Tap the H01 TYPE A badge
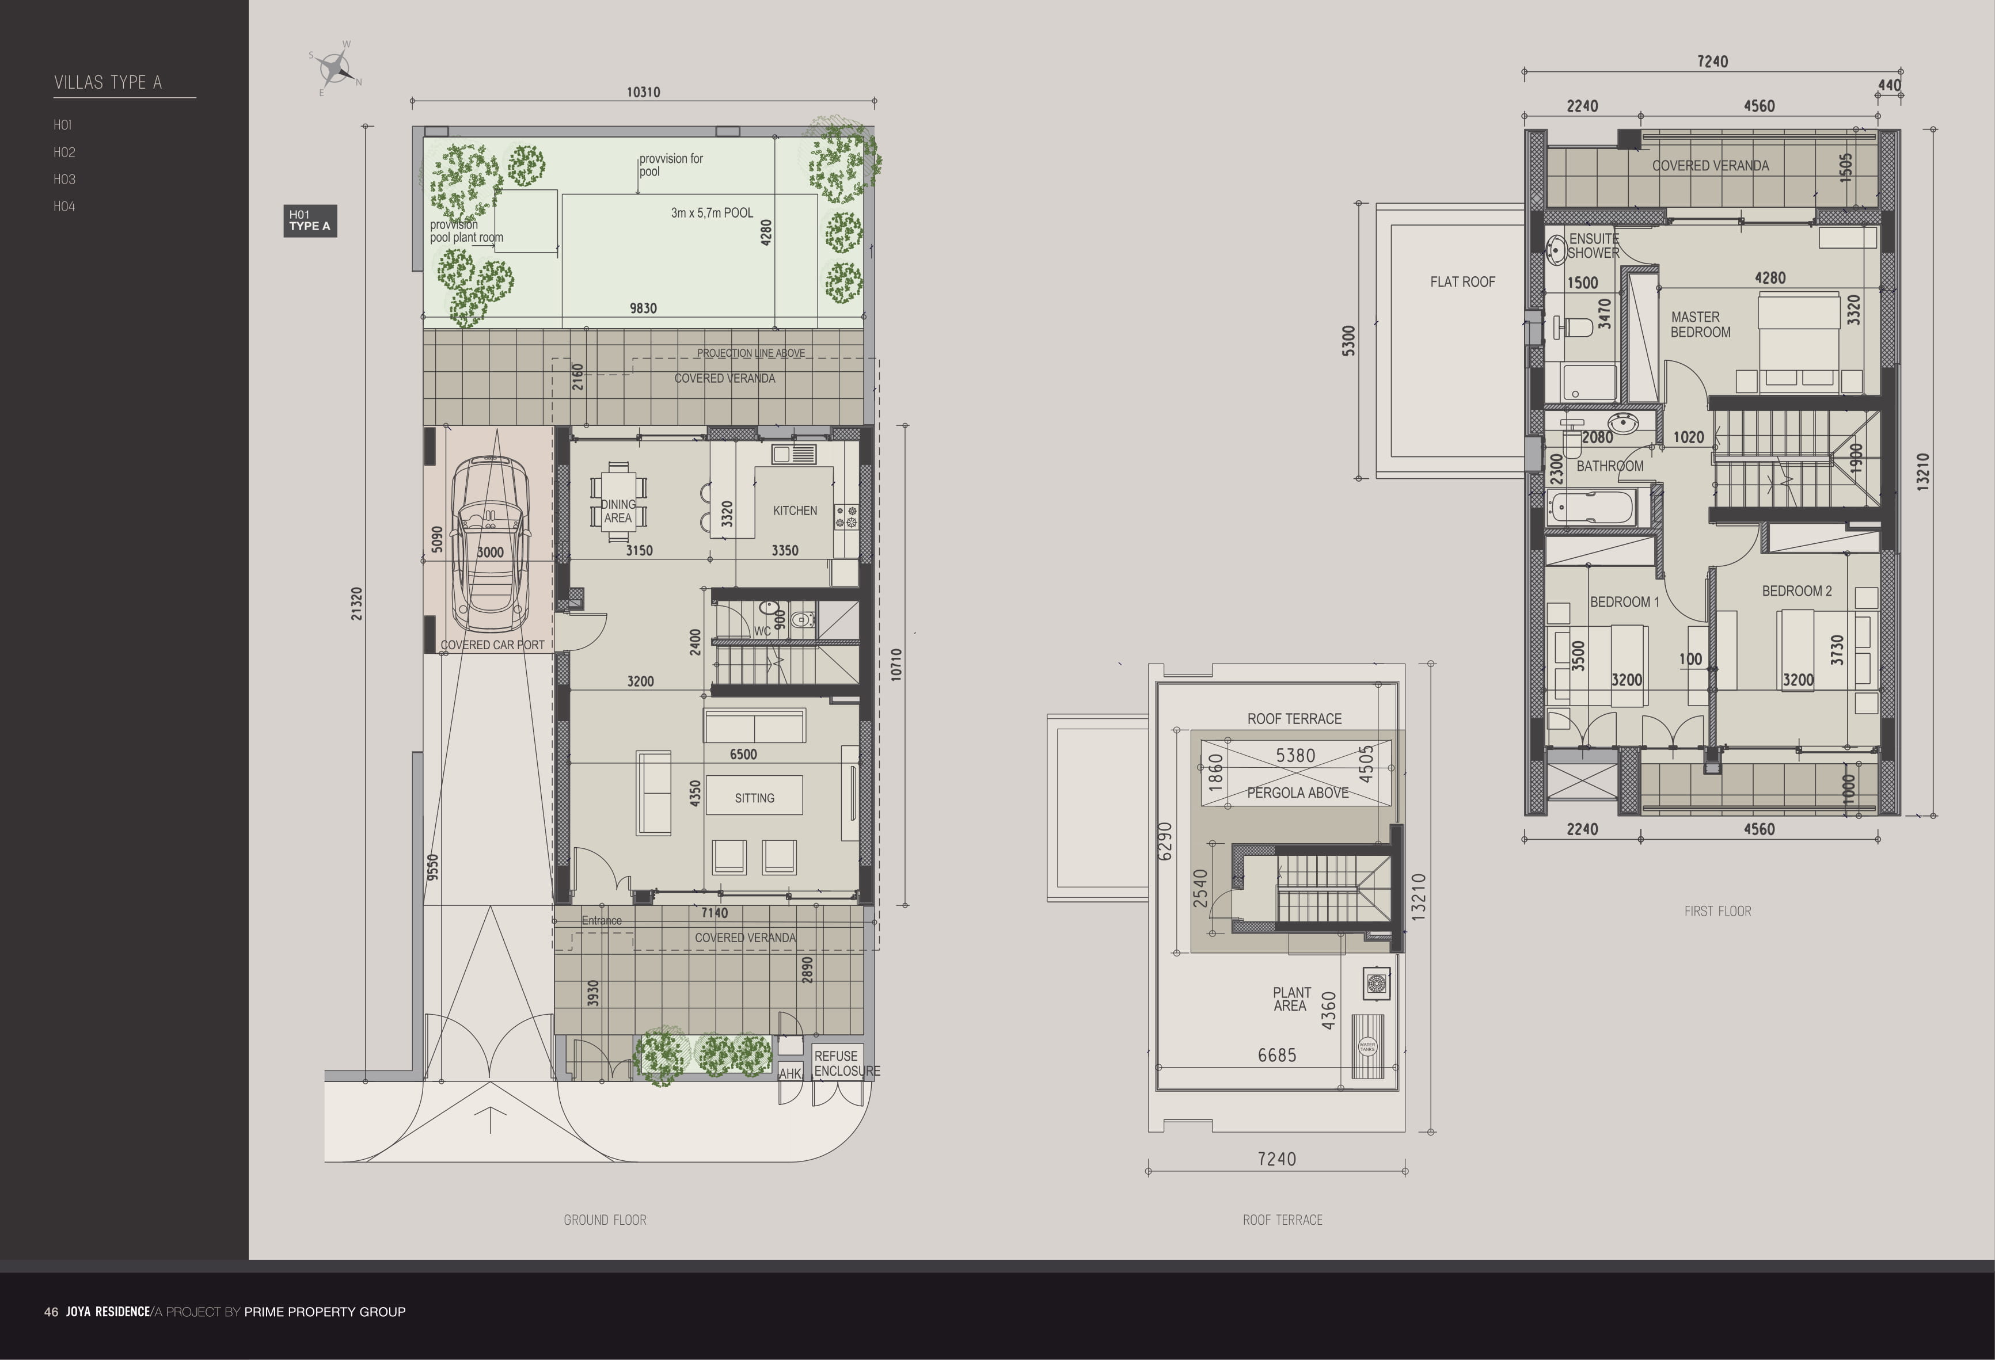tap(310, 220)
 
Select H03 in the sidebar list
tap(64, 180)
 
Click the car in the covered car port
tap(489, 545)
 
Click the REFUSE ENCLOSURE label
tap(846, 1064)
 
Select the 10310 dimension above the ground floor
tap(643, 93)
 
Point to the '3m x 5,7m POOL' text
tap(712, 213)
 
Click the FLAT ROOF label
tap(1462, 281)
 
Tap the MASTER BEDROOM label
tap(1700, 325)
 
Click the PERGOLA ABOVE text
tap(1297, 793)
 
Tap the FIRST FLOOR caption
tap(1717, 911)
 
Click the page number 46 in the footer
tap(51, 1312)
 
